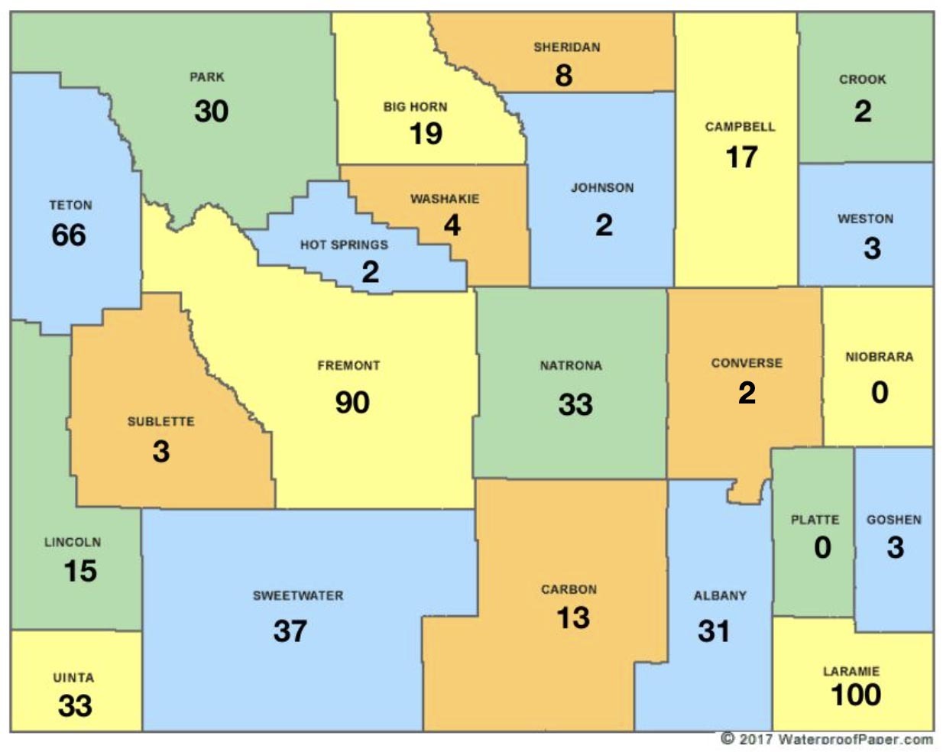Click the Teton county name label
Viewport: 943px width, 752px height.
coord(70,205)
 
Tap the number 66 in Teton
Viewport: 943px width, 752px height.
coord(69,235)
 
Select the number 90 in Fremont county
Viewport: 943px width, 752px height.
coord(352,402)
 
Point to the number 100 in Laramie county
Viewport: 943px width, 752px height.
coord(856,695)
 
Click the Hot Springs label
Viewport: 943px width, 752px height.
coord(344,245)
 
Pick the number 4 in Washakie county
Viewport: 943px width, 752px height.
coord(452,225)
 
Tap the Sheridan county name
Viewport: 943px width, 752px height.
coord(566,47)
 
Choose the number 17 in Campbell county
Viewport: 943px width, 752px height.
coord(741,157)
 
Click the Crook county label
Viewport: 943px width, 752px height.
coord(863,79)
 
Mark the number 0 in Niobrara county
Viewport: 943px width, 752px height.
coord(880,393)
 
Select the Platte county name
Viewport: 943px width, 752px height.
coord(815,520)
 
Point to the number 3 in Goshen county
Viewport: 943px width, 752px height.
coord(895,547)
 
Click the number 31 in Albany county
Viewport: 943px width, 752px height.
coord(713,630)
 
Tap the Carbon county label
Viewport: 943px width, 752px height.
coord(569,589)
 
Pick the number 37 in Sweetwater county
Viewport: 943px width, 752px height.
coord(290,630)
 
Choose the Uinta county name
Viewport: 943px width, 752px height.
coord(73,678)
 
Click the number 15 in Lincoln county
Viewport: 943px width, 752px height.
coord(79,571)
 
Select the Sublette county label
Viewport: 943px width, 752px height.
coord(160,422)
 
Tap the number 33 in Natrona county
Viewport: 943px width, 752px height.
coord(575,404)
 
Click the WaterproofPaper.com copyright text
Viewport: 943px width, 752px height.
coord(827,739)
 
